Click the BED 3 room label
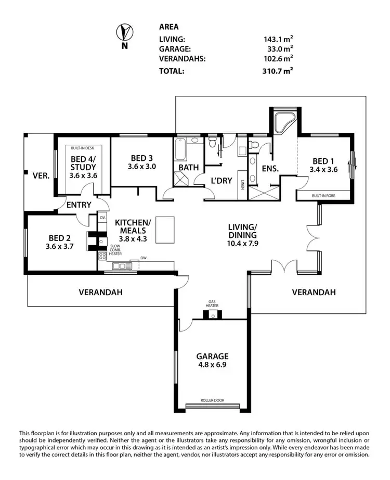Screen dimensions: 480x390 [x=142, y=158]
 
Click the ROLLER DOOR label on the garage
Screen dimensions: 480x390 [x=212, y=401]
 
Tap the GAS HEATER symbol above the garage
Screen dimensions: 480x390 [x=213, y=314]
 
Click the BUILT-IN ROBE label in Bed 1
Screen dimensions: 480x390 [x=323, y=196]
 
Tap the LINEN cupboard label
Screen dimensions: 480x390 [x=242, y=184]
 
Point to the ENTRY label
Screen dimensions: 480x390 [x=79, y=205]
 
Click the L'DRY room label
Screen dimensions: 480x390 [x=220, y=181]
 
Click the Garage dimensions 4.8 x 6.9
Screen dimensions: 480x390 [x=212, y=365]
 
